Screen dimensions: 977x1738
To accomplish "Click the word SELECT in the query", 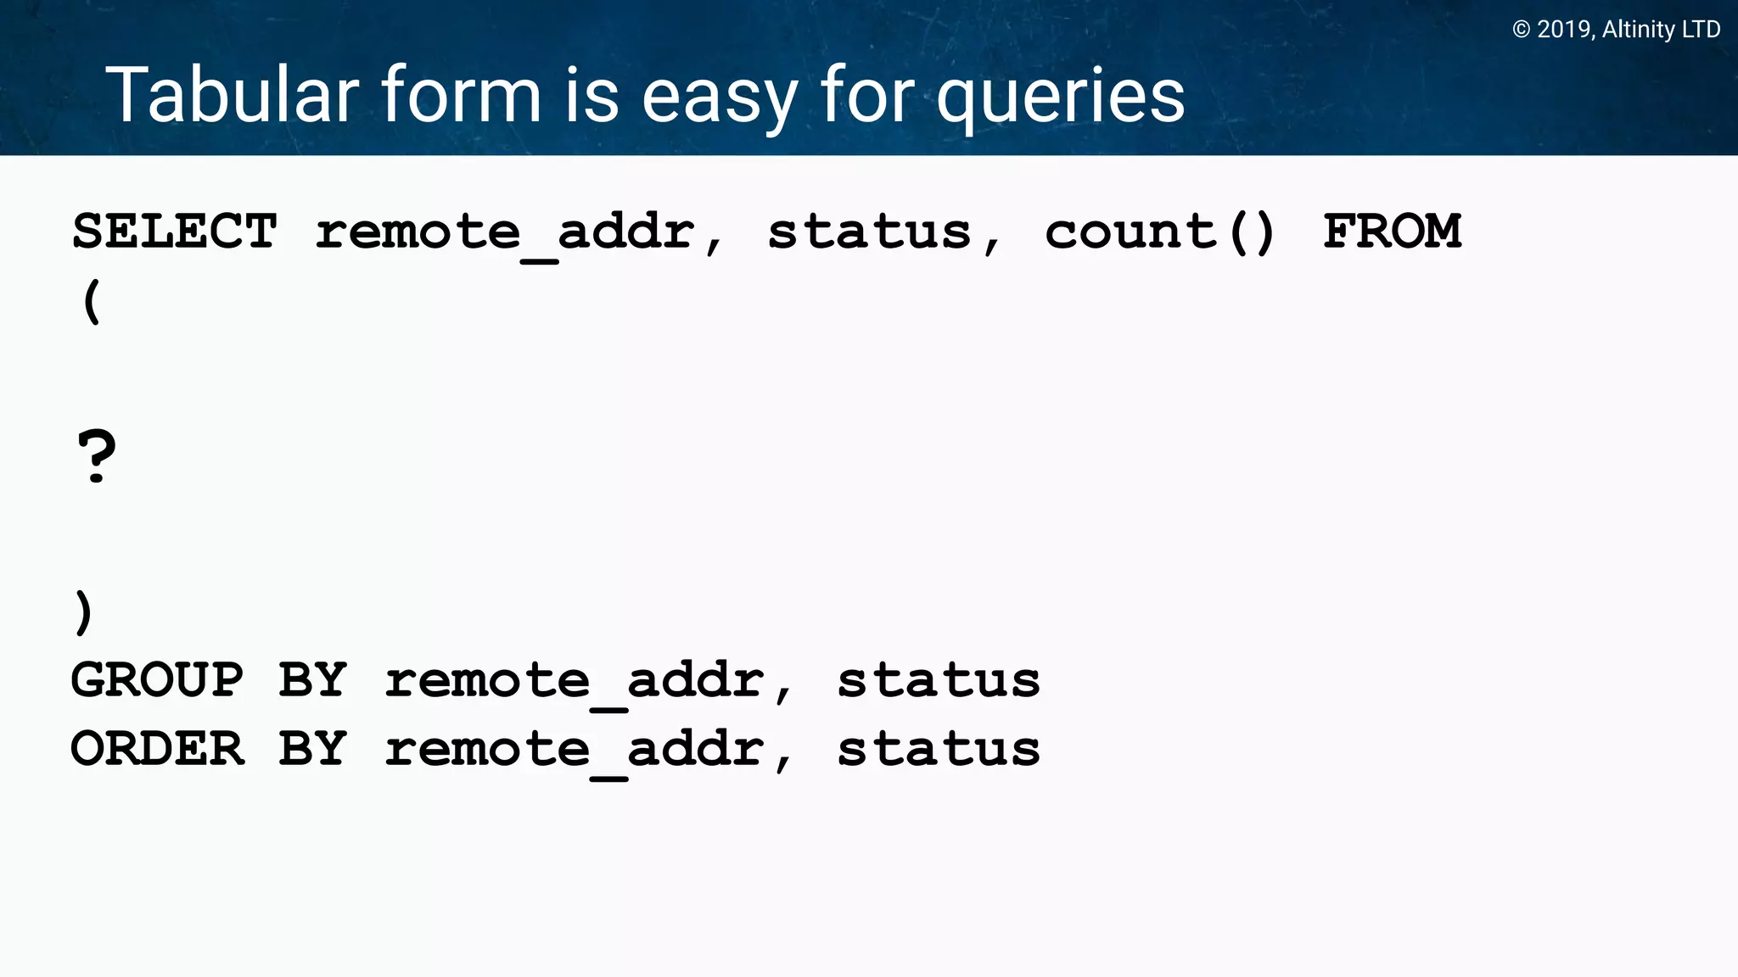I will [x=174, y=232].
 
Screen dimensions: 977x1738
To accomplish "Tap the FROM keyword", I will [x=1392, y=232].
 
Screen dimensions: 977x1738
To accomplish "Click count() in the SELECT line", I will [x=1159, y=232].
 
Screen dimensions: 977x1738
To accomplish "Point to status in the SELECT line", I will [x=869, y=232].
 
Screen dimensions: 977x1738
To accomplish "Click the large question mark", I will [x=97, y=456].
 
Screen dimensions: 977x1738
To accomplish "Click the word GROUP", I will [x=157, y=680].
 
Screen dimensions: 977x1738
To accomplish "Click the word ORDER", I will [x=157, y=749].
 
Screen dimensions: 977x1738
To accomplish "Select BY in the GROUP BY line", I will [x=312, y=680].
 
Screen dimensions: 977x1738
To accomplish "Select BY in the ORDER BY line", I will [x=312, y=749].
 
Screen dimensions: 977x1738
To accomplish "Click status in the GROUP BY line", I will [x=939, y=680].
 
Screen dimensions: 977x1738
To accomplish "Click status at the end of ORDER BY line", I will [x=939, y=749].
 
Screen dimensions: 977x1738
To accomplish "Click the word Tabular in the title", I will [x=232, y=95].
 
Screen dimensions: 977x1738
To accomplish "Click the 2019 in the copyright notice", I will [x=1565, y=30].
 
